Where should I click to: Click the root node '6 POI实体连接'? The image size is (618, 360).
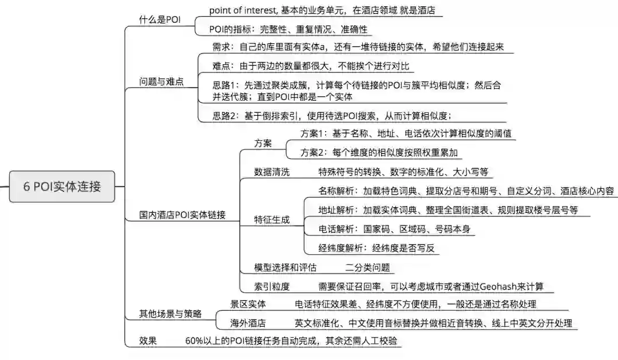tap(62, 187)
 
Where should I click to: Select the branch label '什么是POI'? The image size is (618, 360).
tap(160, 19)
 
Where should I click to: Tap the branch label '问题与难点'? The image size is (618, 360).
tap(162, 81)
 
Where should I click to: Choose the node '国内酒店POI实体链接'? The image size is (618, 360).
tap(183, 215)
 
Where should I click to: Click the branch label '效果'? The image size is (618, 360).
tap(148, 341)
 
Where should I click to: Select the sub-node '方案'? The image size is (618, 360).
tap(263, 143)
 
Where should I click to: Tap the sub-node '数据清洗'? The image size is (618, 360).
tap(272, 172)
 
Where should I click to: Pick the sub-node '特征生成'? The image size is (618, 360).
tap(272, 219)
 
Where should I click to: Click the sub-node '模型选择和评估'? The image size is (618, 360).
tap(286, 267)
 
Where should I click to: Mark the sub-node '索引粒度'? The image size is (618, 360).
tap(272, 286)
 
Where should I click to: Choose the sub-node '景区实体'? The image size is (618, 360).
tap(248, 304)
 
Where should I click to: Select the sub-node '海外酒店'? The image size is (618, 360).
tap(248, 323)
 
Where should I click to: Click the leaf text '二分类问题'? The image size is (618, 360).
tap(367, 267)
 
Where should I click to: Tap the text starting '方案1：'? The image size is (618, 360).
tap(406, 133)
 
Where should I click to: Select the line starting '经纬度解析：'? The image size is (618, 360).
tap(377, 248)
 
